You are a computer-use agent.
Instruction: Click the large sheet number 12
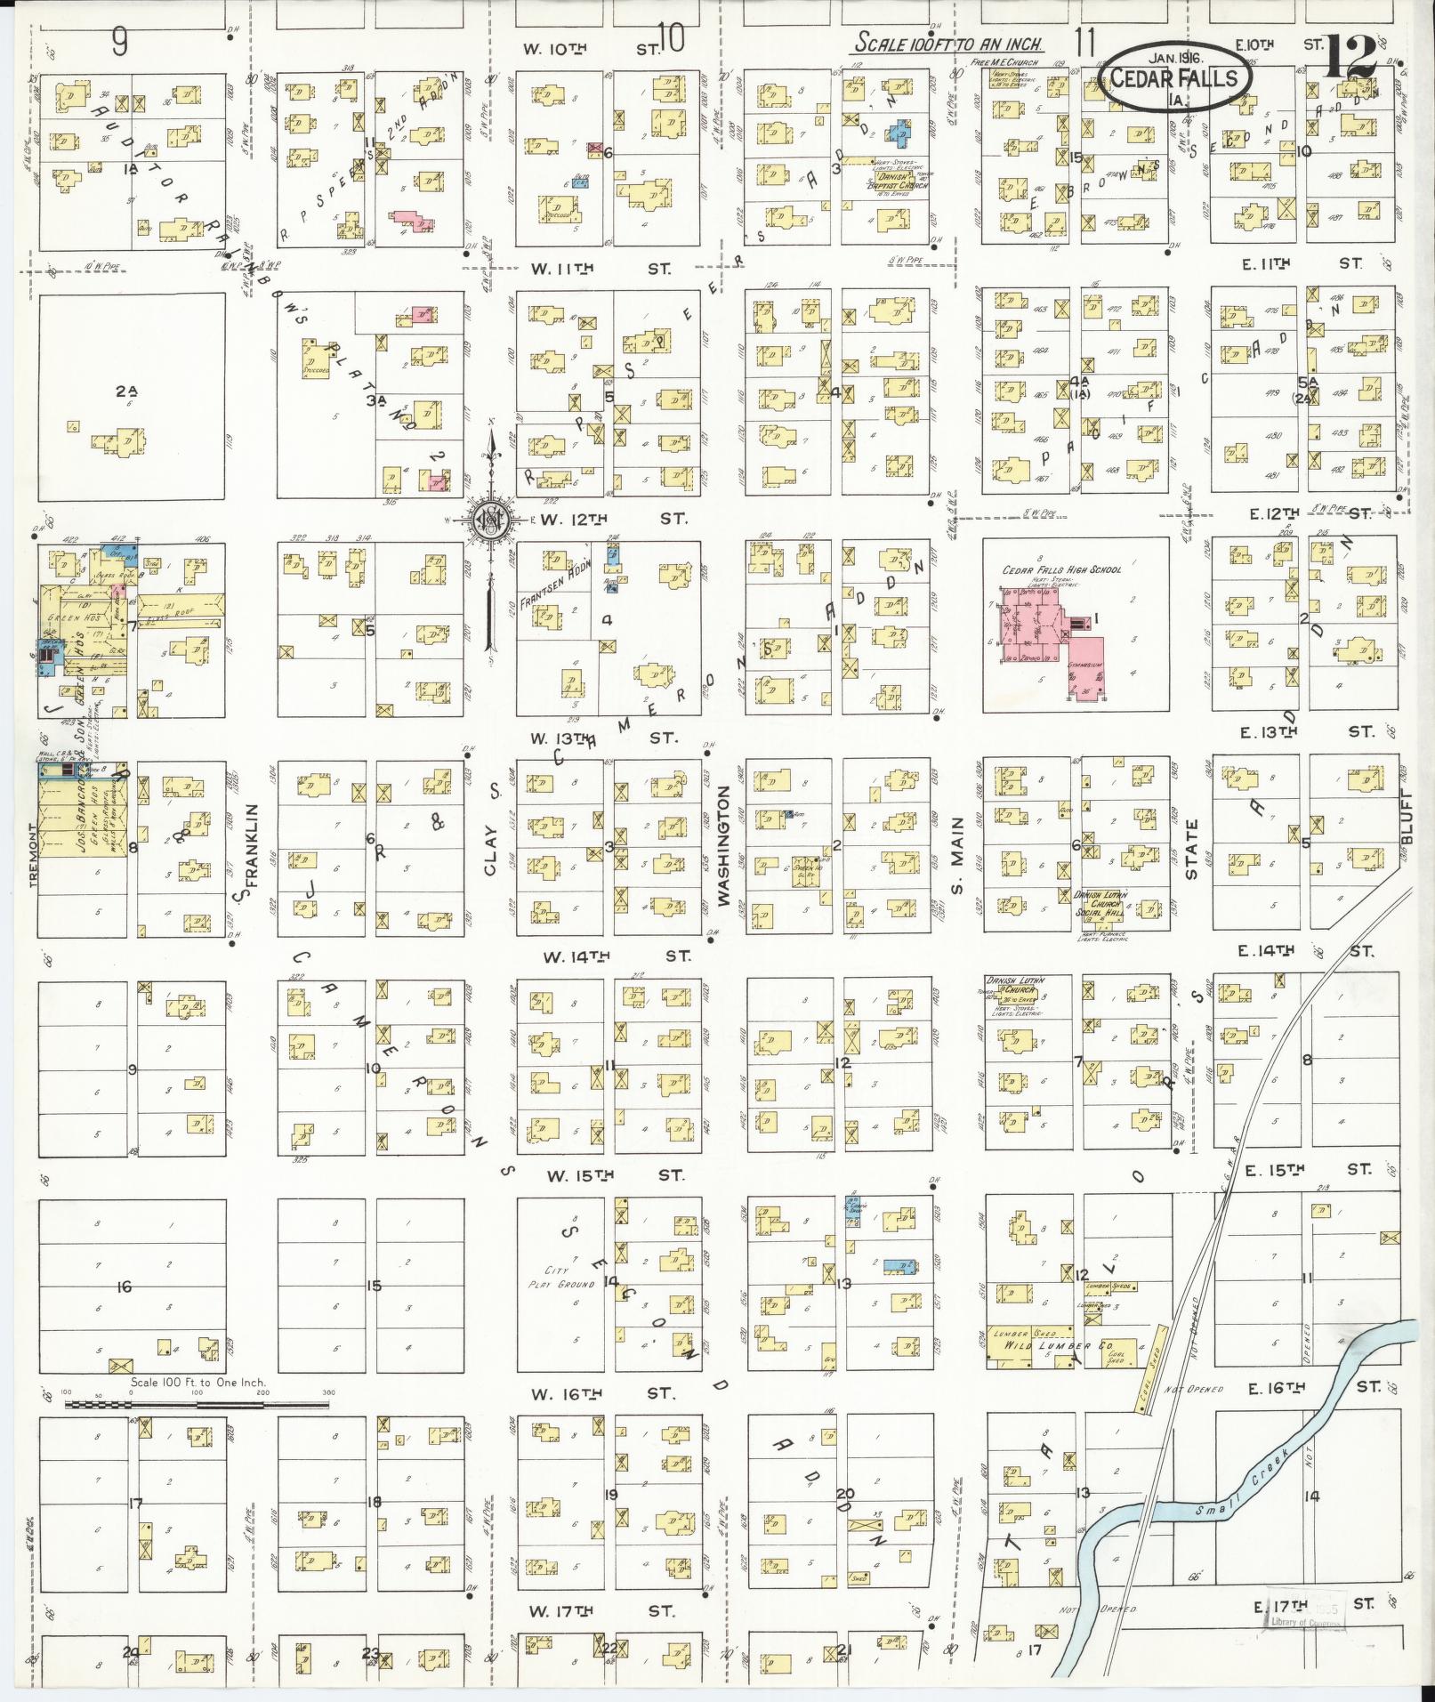pos(1351,55)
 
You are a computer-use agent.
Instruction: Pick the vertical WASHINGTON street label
pos(723,845)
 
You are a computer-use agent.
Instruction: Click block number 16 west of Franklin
pos(125,1287)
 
